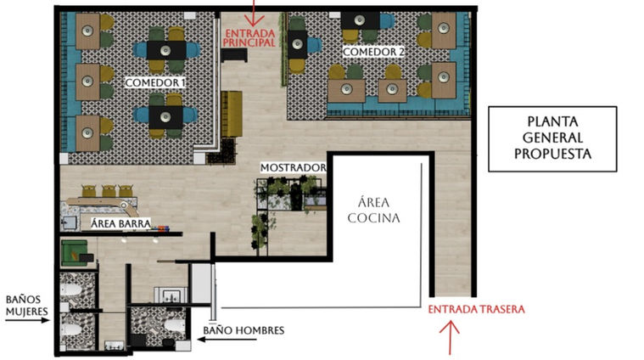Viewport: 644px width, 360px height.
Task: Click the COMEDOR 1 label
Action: [x=154, y=82]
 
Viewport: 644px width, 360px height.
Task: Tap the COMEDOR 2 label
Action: [x=373, y=52]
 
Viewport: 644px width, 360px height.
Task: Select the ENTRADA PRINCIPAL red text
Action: [x=249, y=37]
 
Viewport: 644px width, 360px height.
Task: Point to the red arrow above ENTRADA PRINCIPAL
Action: [x=255, y=13]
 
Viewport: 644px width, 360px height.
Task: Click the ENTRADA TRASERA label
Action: [x=477, y=309]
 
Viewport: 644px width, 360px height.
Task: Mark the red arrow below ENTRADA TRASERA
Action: [x=451, y=338]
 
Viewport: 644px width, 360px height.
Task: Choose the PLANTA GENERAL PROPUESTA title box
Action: [x=552, y=139]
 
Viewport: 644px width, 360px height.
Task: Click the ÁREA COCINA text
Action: [x=373, y=210]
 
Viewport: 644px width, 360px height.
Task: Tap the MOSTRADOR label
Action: [x=294, y=167]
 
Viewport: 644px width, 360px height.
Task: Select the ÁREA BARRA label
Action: [x=120, y=224]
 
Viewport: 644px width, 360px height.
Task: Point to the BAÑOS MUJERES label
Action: [x=26, y=306]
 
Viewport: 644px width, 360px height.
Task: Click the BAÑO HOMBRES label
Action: [x=244, y=330]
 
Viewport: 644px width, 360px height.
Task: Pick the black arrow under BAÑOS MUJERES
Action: [x=27, y=320]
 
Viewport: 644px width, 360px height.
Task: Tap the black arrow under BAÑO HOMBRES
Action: [x=227, y=340]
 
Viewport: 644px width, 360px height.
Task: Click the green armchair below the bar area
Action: [x=74, y=253]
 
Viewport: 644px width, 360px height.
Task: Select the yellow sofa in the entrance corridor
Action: [x=232, y=114]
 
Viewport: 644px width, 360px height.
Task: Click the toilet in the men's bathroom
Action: [x=175, y=325]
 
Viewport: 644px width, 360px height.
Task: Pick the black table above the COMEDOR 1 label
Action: [x=166, y=50]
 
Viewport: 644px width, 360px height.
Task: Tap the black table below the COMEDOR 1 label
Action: [x=166, y=117]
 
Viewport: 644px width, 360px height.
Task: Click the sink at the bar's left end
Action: [x=69, y=223]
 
